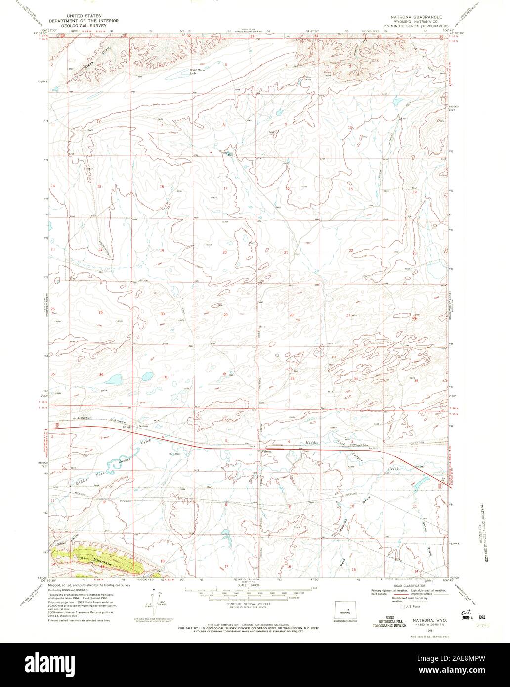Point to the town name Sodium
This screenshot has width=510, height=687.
(144, 426)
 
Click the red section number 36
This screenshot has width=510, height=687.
(101, 375)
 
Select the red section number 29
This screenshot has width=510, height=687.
(225, 315)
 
